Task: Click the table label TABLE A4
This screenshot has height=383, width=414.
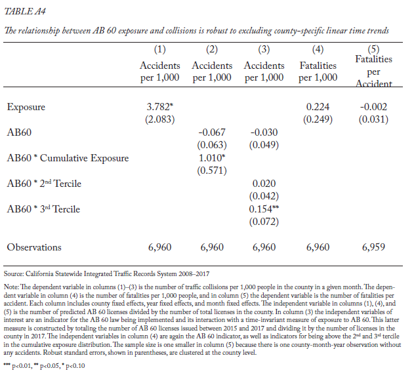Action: (x=25, y=11)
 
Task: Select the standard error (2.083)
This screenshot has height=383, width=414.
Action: (x=160, y=119)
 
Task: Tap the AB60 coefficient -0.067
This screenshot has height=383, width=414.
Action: (x=212, y=132)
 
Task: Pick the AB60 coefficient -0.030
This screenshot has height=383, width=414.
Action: (x=264, y=132)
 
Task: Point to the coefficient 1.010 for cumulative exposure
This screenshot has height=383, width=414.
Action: (x=212, y=158)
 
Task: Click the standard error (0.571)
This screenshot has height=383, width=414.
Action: (x=212, y=171)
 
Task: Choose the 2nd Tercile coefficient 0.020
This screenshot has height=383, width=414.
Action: (x=264, y=184)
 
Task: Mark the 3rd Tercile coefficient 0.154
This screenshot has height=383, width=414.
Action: (x=264, y=209)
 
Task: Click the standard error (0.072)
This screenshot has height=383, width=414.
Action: (x=264, y=222)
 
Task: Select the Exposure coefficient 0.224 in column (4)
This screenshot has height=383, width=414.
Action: (x=318, y=107)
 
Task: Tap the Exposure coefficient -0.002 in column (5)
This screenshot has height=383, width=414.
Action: (x=373, y=107)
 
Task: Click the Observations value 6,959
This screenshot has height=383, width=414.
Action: (x=373, y=247)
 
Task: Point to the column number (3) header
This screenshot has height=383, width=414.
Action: (x=264, y=49)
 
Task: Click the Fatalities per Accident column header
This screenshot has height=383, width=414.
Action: (x=373, y=71)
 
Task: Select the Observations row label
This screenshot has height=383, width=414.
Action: (x=34, y=247)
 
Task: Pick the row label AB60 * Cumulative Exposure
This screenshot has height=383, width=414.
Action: (x=68, y=158)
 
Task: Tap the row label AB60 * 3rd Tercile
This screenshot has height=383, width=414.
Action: (x=43, y=209)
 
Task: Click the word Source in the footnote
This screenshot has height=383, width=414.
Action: (x=14, y=273)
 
